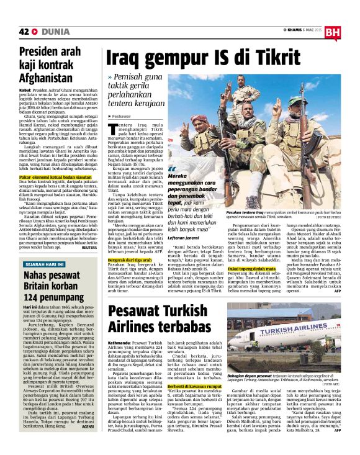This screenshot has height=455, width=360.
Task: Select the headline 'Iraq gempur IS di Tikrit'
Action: [220, 58]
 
